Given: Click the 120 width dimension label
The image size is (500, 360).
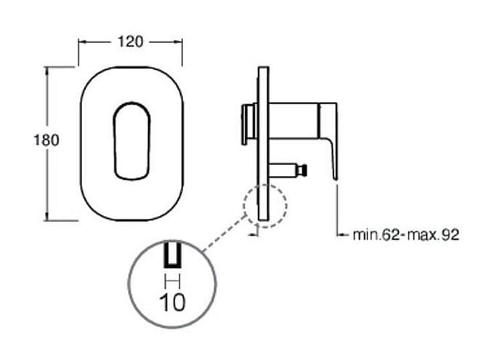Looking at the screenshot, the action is coord(130,41).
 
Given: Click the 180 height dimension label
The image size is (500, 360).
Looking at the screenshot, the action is coord(47,140).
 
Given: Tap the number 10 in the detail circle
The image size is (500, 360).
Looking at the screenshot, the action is coord(172,303).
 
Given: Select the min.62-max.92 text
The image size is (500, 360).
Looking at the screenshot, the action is coord(406,235).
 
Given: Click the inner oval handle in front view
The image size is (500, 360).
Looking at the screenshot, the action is coord(132,141).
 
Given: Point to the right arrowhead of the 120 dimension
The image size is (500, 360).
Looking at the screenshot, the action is coord(178,41).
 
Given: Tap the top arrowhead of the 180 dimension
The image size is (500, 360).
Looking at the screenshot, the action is coord(47,71).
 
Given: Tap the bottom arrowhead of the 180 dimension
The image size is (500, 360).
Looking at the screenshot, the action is coord(47,217).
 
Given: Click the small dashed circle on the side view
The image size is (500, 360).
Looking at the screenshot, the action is coord(244,206).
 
